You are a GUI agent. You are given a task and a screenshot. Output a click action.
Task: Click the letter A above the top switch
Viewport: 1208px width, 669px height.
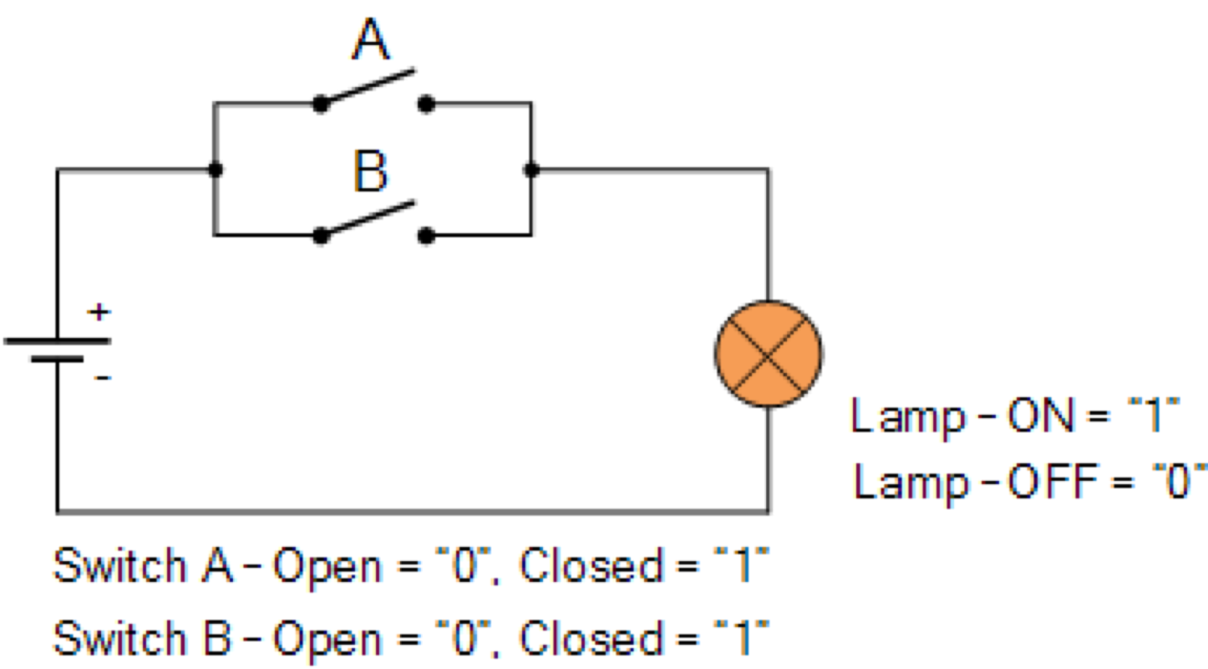point(371,40)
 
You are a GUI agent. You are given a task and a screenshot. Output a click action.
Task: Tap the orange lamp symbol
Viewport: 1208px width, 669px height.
point(769,354)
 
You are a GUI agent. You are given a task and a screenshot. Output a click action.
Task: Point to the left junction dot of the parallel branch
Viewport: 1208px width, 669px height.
point(216,170)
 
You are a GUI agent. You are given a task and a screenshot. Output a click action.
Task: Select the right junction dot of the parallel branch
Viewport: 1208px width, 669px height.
point(530,170)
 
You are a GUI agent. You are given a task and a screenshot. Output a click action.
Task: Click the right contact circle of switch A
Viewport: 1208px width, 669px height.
point(425,104)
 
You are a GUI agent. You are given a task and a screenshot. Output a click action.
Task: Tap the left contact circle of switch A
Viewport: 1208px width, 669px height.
point(320,105)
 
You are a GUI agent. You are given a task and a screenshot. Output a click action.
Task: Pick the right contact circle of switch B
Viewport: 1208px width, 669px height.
point(425,237)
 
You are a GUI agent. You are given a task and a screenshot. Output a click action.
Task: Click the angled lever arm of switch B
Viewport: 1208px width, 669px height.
point(368,219)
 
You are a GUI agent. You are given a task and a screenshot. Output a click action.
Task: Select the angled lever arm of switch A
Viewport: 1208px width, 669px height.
point(369,87)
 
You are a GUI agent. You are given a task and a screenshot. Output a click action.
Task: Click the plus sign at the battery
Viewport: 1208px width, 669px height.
point(99,313)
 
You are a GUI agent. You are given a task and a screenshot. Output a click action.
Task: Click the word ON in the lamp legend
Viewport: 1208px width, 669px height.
point(1041,416)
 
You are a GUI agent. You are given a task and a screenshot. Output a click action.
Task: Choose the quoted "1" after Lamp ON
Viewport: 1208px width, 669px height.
point(1155,416)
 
